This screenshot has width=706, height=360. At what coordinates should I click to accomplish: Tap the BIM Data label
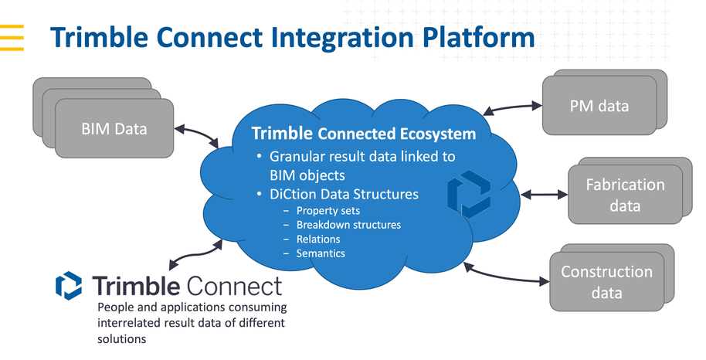[114, 127]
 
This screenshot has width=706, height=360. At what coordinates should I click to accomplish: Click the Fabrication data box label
[625, 195]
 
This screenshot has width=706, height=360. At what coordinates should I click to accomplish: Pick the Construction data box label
[606, 282]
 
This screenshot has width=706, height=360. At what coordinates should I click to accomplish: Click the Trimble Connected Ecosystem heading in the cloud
[363, 134]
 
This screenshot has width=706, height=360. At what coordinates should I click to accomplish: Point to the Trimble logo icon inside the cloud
[469, 193]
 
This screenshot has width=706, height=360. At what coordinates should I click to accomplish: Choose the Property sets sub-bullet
[328, 211]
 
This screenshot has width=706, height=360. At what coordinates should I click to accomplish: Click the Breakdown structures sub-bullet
[348, 225]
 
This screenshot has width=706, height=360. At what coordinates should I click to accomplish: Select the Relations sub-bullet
[318, 239]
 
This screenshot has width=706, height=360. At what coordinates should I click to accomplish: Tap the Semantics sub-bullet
[321, 253]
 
